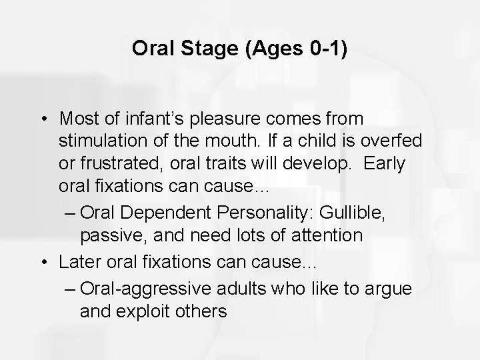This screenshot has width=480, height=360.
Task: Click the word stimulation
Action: (98, 141)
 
